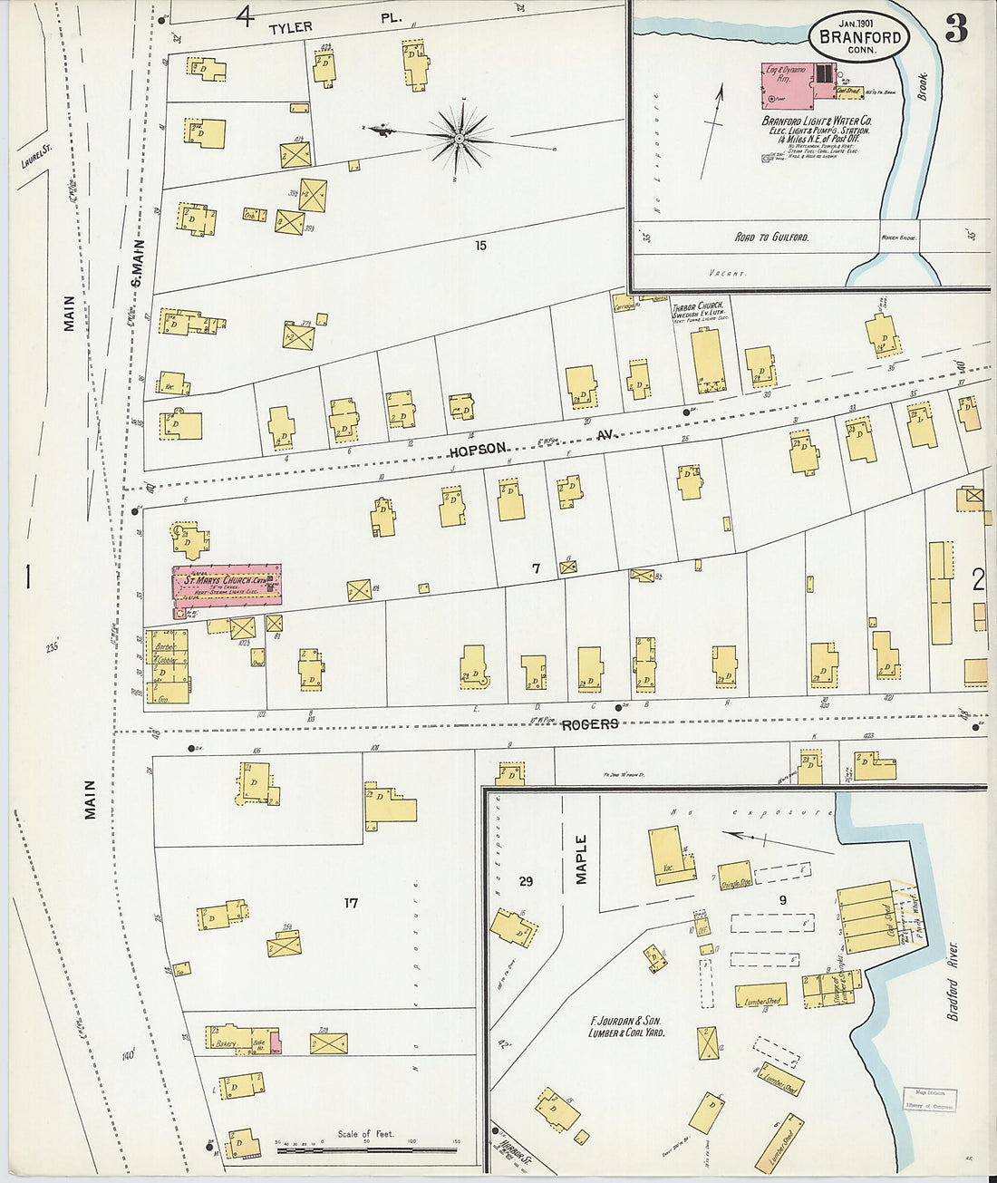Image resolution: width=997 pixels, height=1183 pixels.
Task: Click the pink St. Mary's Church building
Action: tap(227, 585)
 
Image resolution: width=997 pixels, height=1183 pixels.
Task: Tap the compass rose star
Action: tap(460, 138)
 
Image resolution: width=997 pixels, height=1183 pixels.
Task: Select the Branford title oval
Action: tap(859, 37)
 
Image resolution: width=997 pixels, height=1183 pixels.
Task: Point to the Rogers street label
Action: tap(590, 723)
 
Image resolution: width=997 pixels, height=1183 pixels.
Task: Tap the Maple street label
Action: tap(581, 858)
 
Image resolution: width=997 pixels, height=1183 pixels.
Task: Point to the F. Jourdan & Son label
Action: tap(624, 1026)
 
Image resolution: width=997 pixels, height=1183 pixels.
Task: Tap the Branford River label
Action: tap(953, 979)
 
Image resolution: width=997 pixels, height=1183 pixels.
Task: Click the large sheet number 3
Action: tap(956, 30)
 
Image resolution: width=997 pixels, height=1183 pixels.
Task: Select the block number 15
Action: tap(480, 245)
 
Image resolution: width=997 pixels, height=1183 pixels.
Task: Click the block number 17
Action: tap(352, 902)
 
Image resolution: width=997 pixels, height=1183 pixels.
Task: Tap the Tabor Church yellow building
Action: tap(706, 360)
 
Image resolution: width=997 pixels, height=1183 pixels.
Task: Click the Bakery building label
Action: tap(226, 1044)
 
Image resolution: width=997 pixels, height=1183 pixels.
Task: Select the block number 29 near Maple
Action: tap(526, 881)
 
